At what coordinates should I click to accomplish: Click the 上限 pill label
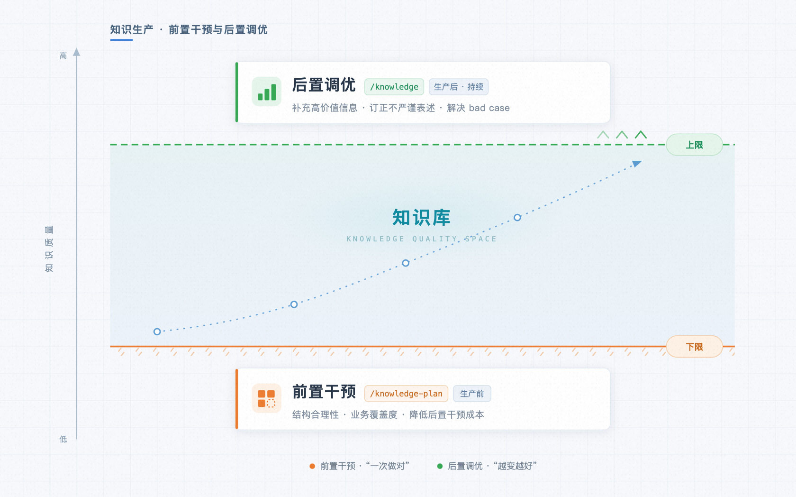click(694, 145)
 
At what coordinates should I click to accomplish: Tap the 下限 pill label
click(694, 347)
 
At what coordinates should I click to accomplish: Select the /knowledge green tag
click(394, 87)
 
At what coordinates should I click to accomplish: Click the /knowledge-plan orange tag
click(406, 394)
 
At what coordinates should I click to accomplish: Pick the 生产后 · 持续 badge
click(459, 87)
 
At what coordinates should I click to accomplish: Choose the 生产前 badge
click(472, 394)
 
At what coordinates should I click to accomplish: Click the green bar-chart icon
click(266, 92)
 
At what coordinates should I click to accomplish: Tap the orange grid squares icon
click(266, 398)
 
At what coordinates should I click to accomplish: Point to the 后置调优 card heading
click(324, 85)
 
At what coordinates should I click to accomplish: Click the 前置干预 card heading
click(324, 392)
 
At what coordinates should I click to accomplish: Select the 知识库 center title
click(422, 217)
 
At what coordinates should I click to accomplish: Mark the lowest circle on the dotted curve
click(157, 331)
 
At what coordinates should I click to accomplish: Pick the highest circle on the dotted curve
click(517, 217)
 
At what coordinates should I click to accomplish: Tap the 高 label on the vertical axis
click(63, 56)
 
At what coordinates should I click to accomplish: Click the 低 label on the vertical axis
click(63, 439)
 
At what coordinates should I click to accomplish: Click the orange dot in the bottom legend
click(312, 466)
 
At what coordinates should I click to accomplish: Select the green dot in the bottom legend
click(440, 466)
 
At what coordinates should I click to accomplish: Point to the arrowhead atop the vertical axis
click(76, 52)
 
